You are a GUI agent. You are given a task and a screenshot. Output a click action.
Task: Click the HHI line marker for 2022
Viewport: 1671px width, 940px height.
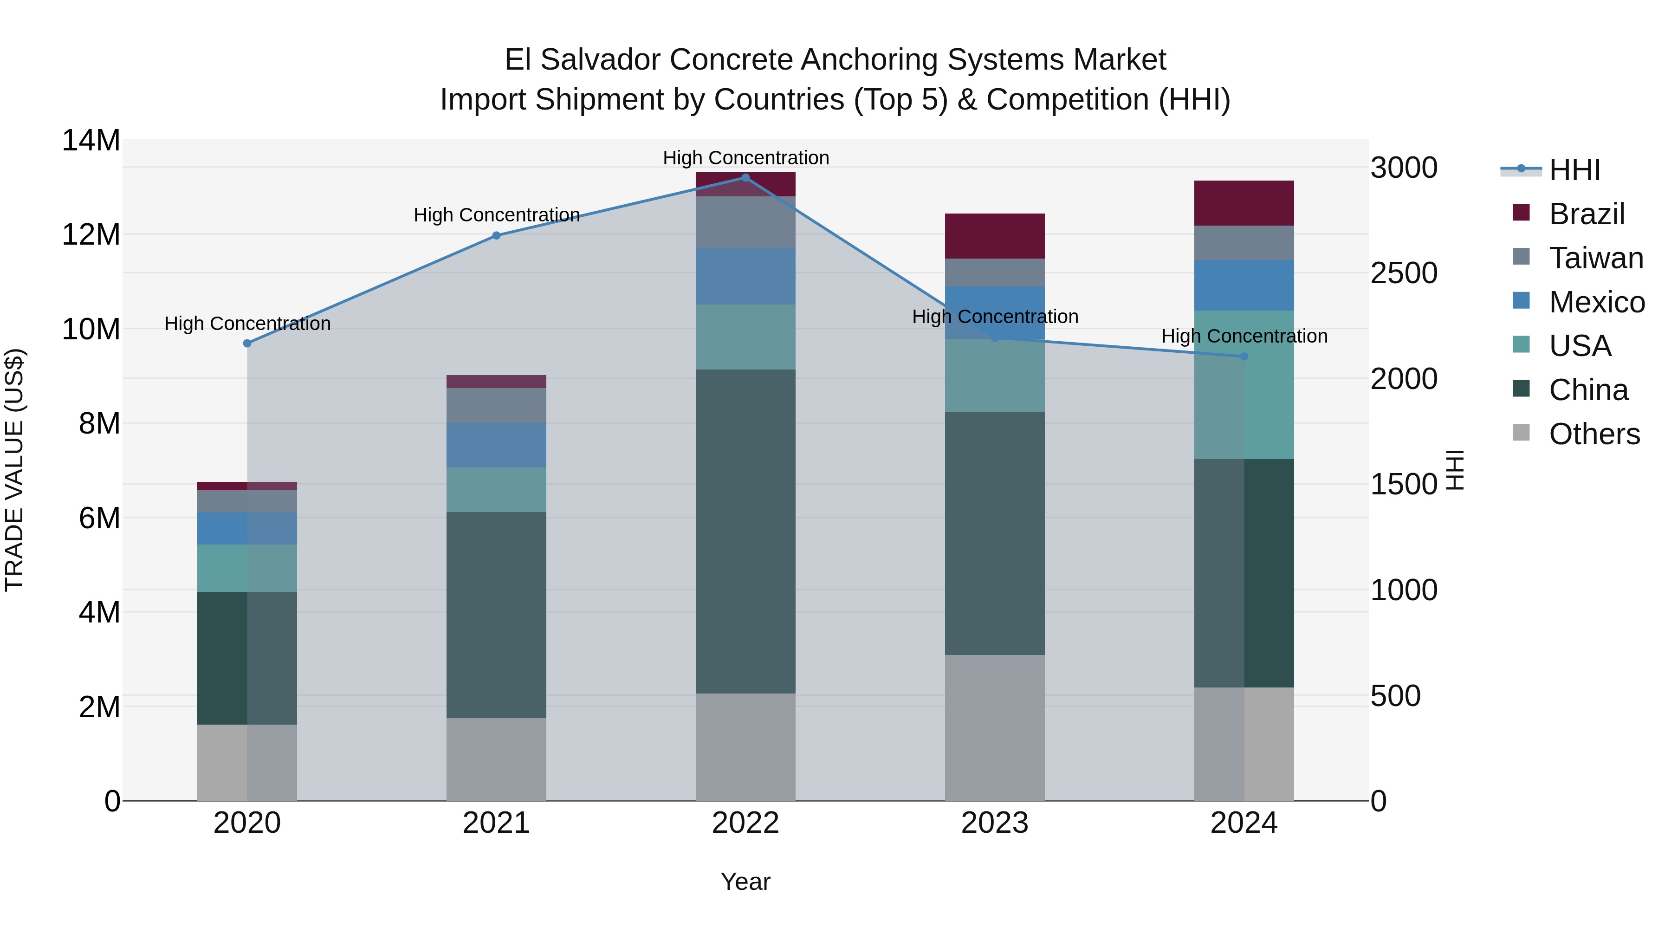click(745, 178)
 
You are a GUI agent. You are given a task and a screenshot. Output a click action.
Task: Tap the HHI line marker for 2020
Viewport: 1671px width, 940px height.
click(247, 343)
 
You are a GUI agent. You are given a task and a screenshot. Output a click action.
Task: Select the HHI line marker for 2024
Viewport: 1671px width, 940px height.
click(1244, 356)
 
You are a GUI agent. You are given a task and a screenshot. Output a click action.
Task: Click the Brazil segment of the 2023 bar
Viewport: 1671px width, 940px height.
click(994, 236)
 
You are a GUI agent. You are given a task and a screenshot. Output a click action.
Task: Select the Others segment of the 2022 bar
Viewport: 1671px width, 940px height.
click(745, 747)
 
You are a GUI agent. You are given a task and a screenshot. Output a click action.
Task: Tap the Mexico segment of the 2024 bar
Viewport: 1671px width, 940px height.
click(1244, 285)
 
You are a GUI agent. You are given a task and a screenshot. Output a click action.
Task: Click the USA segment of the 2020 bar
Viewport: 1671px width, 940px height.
click(247, 568)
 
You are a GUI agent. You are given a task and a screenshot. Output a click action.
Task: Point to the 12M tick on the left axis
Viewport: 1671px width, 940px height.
click(91, 234)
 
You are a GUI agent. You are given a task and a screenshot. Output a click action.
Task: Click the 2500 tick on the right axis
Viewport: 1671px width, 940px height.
click(1404, 273)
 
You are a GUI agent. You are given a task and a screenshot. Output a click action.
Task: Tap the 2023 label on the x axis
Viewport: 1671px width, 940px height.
click(994, 823)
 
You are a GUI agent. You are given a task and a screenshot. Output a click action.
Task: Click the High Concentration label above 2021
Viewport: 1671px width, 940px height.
click(496, 215)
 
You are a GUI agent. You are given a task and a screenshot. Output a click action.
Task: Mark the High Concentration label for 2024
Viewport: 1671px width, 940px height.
click(1244, 336)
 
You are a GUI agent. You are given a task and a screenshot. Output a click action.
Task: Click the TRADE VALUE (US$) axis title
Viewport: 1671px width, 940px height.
click(15, 470)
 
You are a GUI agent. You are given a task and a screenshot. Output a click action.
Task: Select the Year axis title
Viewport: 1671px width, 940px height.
click(745, 882)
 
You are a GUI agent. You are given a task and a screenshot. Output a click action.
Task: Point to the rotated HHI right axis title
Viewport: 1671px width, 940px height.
click(1455, 470)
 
